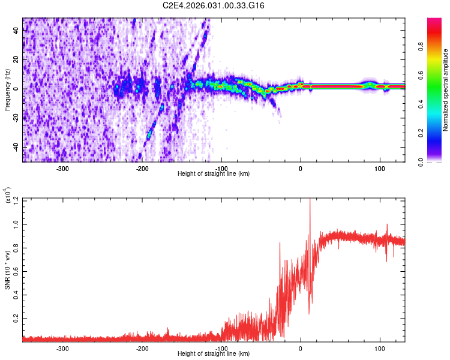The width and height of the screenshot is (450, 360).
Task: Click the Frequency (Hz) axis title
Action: pyautogui.click(x=7, y=89)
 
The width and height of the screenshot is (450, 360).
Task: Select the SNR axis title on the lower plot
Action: pyautogui.click(x=7, y=269)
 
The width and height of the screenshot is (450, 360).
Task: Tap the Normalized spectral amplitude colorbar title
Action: pyautogui.click(x=446, y=91)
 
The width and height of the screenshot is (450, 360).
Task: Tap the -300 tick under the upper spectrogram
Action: pyautogui.click(x=63, y=169)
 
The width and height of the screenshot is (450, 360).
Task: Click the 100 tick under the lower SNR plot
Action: pyautogui.click(x=380, y=349)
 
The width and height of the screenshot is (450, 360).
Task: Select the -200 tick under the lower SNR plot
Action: pyautogui.click(x=142, y=349)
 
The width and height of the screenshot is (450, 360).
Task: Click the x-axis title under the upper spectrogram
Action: pyautogui.click(x=214, y=174)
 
